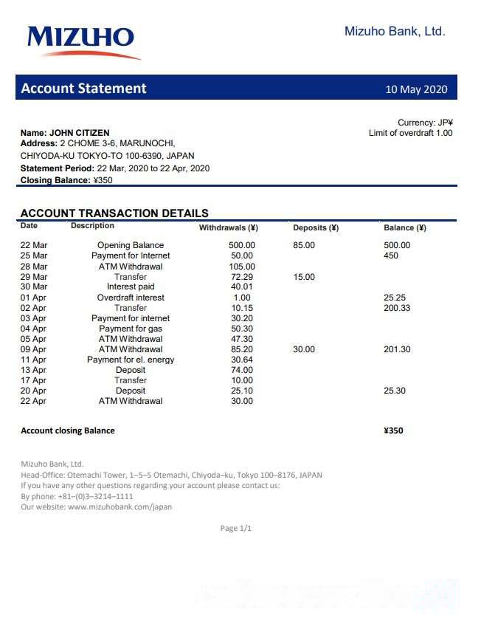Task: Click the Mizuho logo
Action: (83, 41)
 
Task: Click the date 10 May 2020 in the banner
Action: (416, 89)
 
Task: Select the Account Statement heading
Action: (83, 89)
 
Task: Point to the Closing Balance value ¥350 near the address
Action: (103, 180)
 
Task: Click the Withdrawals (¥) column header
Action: (228, 227)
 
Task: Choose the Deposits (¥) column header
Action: (315, 227)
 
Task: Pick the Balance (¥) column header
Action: (404, 227)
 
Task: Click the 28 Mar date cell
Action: (34, 267)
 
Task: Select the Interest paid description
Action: (131, 287)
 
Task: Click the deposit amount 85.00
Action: (304, 245)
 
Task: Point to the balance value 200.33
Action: (397, 308)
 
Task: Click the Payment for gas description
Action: (131, 329)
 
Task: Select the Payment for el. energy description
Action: (131, 360)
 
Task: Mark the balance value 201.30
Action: (397, 349)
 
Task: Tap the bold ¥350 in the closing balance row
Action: (394, 430)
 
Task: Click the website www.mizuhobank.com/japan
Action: (120, 507)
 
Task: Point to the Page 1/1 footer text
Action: (236, 529)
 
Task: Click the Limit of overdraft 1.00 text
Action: (410, 133)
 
